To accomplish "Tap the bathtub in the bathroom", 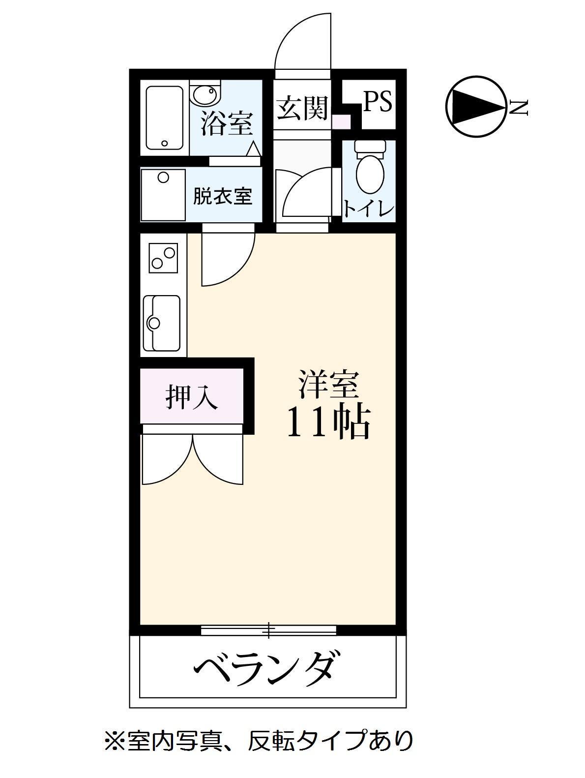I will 165,118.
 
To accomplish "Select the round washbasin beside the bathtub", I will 206,94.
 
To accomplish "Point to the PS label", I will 378,102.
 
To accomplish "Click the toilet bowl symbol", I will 370,170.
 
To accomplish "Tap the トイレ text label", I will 369,209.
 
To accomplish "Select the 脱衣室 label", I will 222,196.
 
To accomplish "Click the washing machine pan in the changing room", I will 163,195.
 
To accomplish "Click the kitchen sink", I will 162,323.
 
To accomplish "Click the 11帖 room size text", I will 327,423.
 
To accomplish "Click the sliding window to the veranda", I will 269,629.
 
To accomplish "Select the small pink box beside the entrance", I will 341,121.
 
